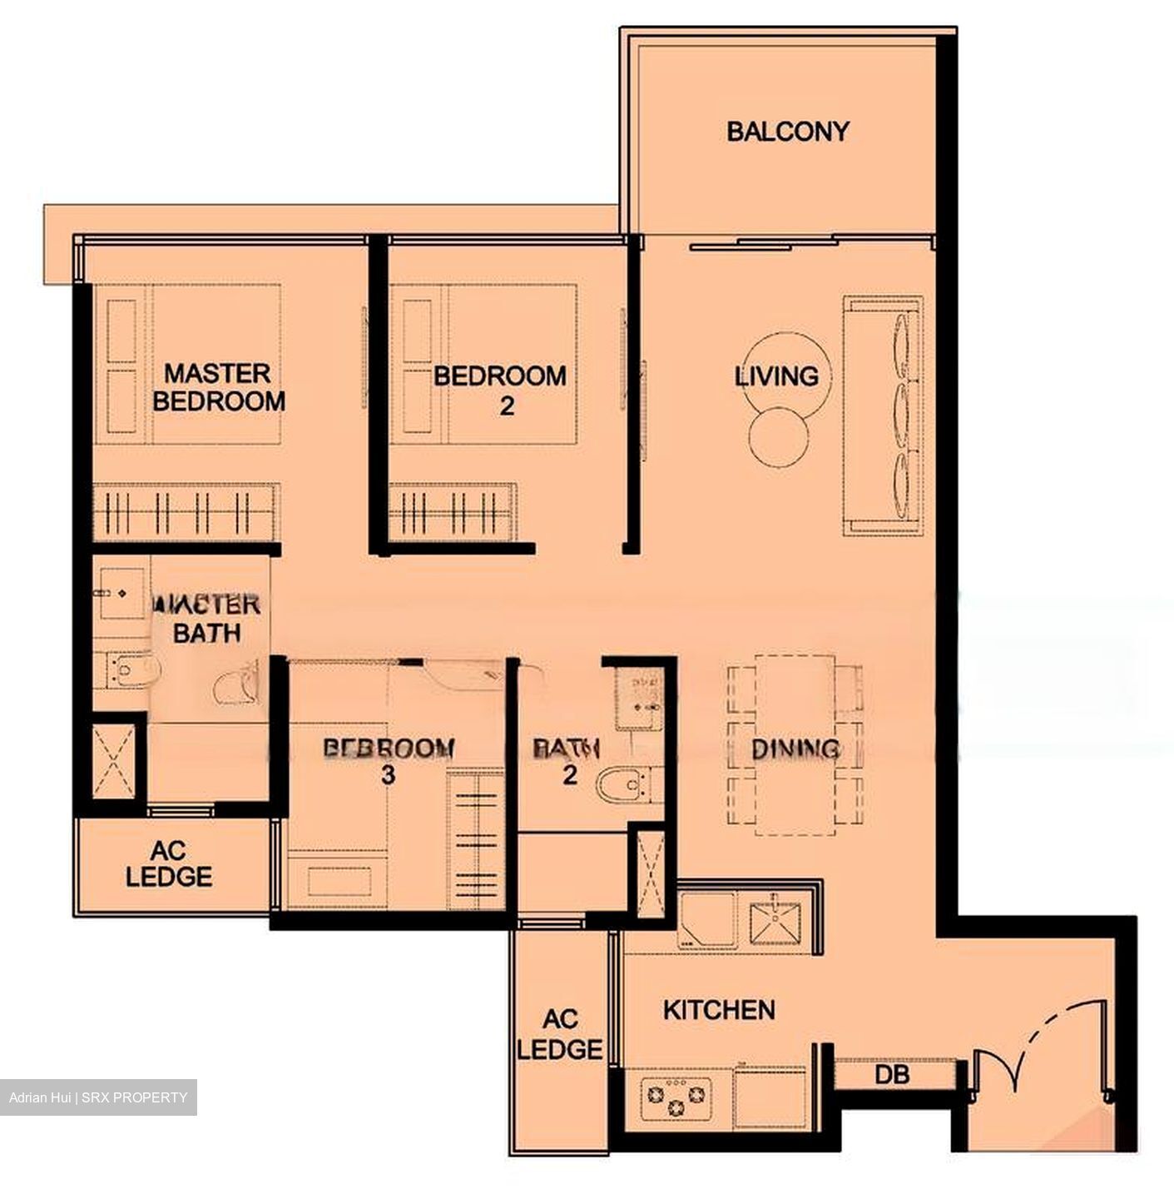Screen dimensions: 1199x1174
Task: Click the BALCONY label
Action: click(x=787, y=132)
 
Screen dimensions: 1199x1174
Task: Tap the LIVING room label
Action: click(x=777, y=376)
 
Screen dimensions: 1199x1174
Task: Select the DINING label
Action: click(x=795, y=749)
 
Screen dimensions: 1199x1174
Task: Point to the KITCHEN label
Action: click(x=719, y=1010)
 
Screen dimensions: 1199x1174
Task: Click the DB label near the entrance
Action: click(x=891, y=1074)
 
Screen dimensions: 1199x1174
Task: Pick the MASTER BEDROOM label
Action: click(x=218, y=387)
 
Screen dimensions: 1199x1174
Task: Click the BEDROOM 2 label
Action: click(x=500, y=390)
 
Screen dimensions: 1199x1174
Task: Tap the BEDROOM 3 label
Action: click(x=389, y=760)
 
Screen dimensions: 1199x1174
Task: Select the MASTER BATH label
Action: click(x=207, y=619)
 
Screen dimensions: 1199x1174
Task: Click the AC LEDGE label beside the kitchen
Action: click(x=560, y=1034)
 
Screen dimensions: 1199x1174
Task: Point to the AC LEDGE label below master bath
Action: click(x=169, y=863)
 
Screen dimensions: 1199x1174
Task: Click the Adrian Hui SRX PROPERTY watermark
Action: click(x=98, y=1097)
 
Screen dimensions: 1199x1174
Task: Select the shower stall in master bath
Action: click(x=113, y=762)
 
